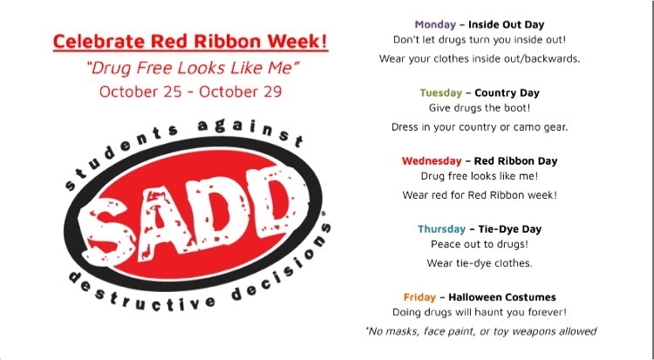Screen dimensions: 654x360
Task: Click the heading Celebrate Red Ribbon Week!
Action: (x=191, y=41)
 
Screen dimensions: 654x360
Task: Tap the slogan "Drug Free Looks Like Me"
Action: (x=193, y=68)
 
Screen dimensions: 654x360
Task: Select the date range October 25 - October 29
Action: (x=191, y=92)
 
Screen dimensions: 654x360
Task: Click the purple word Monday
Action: (x=435, y=24)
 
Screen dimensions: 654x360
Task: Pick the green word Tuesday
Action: (x=441, y=92)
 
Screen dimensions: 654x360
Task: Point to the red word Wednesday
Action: (x=432, y=161)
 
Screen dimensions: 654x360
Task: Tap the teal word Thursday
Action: (x=442, y=229)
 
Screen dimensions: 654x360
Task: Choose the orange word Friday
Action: (x=419, y=297)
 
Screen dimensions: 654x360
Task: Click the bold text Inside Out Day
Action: (x=507, y=24)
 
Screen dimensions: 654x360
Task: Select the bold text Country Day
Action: (x=508, y=92)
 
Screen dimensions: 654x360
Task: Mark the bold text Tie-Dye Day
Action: (x=510, y=229)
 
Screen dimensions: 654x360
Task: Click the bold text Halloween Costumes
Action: (x=502, y=297)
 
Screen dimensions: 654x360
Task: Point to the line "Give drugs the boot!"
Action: (x=480, y=108)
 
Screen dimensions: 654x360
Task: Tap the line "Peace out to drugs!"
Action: (x=480, y=244)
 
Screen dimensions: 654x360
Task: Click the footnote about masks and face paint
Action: (x=480, y=331)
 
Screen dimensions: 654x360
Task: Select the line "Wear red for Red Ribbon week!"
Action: (x=480, y=194)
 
